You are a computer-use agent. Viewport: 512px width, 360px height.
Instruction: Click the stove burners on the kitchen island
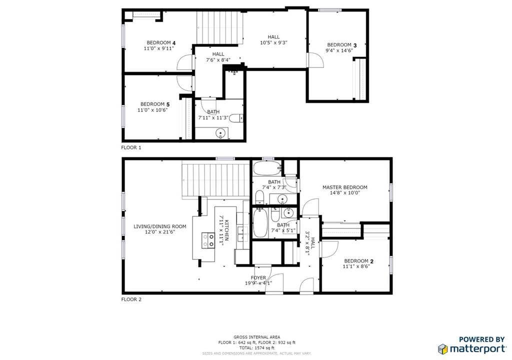point(207,240)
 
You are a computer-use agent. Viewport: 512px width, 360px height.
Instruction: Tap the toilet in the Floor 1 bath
point(240,118)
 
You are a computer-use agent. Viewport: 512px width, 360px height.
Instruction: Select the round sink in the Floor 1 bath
point(219,133)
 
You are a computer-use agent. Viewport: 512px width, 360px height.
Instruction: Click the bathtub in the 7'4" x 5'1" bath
point(260,223)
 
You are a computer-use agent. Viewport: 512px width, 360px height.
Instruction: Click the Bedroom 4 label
point(160,42)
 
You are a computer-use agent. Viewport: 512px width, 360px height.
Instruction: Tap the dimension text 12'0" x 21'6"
point(159,233)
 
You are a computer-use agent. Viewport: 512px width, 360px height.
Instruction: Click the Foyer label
point(258,277)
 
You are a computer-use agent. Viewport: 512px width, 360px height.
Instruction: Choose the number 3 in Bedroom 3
point(354,45)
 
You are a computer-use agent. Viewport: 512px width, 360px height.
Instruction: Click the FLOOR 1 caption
point(131,148)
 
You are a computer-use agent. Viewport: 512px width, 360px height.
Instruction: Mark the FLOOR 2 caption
point(131,299)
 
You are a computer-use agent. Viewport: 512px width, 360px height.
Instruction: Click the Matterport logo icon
point(442,348)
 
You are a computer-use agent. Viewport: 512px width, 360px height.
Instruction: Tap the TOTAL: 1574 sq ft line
point(256,347)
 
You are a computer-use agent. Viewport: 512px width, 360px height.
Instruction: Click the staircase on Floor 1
point(219,27)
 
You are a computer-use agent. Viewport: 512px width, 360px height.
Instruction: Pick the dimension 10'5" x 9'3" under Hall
point(273,43)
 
